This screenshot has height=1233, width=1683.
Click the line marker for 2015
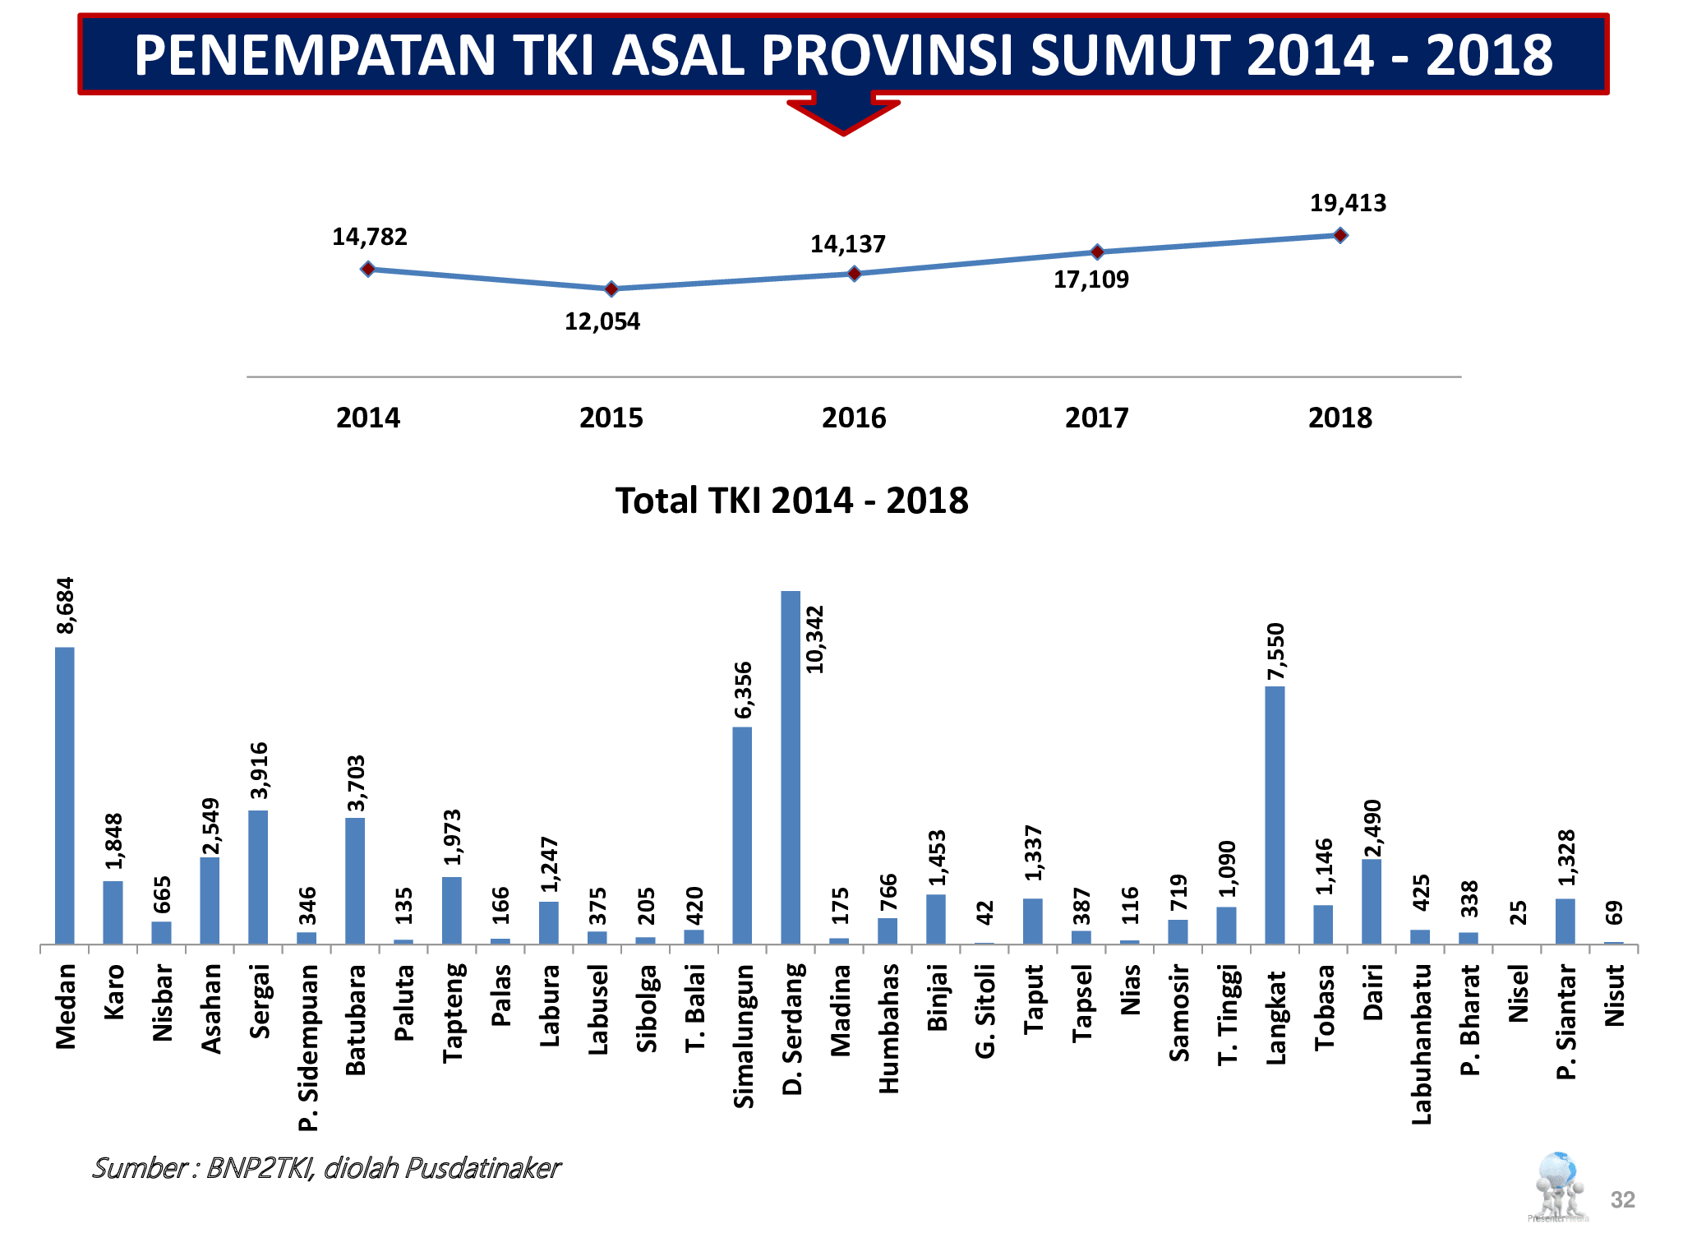coord(611,289)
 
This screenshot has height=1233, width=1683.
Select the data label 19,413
coord(1348,203)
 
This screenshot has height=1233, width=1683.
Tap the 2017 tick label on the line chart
coord(1096,418)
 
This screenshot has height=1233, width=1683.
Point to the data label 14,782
coord(369,237)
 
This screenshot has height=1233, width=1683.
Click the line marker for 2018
coord(1340,235)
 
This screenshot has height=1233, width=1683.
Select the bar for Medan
coord(65,795)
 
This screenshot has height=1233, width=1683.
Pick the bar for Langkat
coord(1275,815)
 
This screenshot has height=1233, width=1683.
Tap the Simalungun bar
coord(742,834)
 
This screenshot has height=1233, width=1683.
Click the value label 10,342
coord(814,640)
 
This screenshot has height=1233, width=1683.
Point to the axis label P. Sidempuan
coord(307,1047)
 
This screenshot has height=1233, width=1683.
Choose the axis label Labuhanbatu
coord(1421,1044)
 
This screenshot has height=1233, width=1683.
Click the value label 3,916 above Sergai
coord(259,770)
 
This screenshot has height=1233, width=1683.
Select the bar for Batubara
coord(355,880)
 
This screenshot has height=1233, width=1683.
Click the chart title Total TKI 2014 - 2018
coord(792,501)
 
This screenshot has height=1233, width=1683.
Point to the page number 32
coord(1622,1199)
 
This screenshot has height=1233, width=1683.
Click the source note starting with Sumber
coord(326,1167)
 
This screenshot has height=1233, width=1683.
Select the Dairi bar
coord(1372,901)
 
